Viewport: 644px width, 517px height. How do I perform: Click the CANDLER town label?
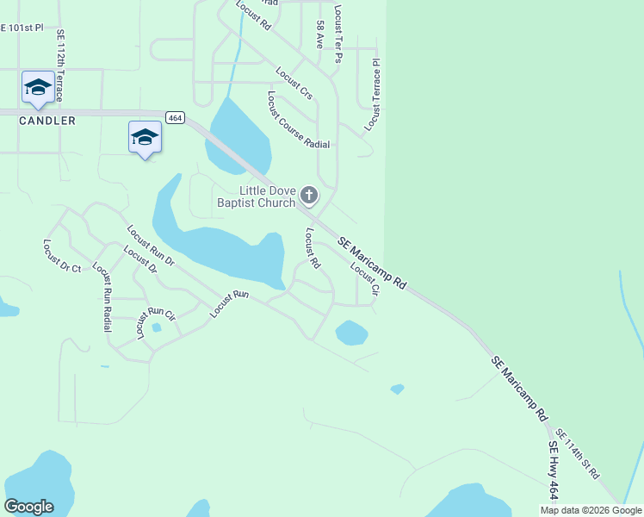point(47,121)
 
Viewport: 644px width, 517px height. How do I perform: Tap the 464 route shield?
point(175,117)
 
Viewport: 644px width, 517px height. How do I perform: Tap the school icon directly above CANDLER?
point(38,86)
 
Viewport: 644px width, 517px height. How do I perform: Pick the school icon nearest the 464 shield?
point(145,137)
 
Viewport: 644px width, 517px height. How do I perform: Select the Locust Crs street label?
point(294,83)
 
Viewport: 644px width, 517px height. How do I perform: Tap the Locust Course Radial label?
point(298,120)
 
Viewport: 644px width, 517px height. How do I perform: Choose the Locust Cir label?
point(365,278)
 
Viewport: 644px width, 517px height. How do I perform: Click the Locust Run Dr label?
point(150,245)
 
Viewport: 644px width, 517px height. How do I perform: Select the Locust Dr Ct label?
point(61,257)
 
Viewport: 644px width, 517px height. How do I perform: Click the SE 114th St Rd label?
point(578,454)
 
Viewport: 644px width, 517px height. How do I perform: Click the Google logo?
point(28,507)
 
